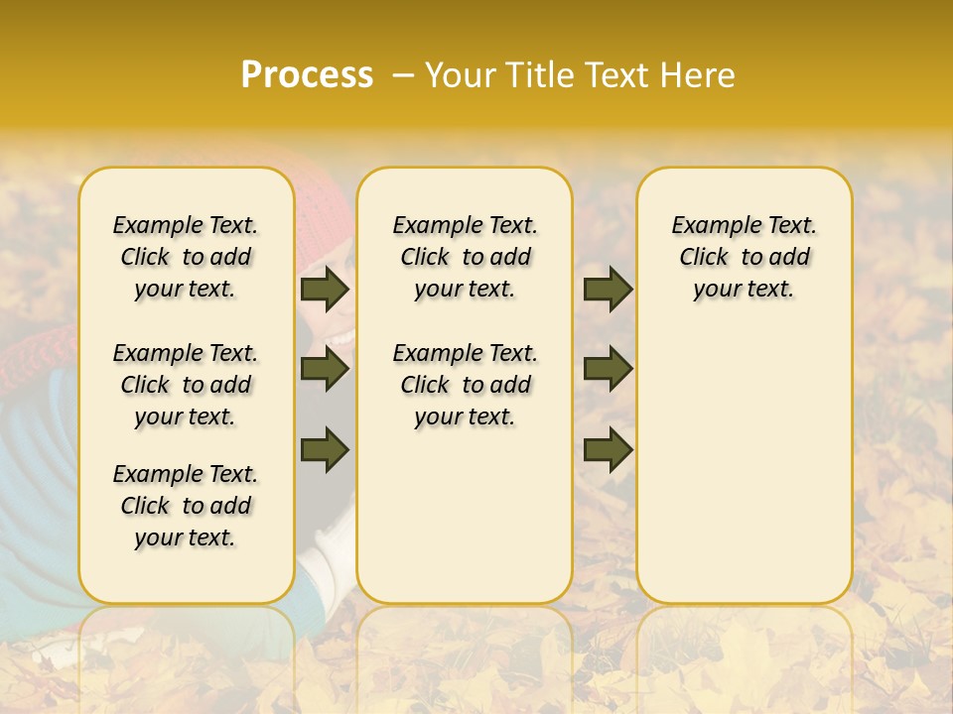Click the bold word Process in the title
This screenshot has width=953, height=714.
pos(307,75)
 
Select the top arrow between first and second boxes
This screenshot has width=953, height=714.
pos(325,290)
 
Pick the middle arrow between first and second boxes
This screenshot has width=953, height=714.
pos(325,369)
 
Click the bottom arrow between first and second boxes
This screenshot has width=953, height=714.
pos(325,448)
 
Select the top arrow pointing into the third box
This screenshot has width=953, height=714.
pos(608,290)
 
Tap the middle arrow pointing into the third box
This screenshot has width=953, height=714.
pos(608,369)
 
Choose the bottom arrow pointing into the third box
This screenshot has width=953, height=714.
pos(608,450)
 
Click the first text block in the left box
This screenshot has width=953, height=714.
pos(186,257)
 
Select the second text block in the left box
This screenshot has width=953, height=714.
pos(186,385)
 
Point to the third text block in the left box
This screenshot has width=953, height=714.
pos(186,506)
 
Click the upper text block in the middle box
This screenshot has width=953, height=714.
pos(466,257)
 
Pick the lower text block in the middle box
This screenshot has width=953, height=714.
pos(466,385)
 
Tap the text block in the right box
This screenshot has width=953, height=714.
pos(745,257)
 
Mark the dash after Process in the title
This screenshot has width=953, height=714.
pos(402,75)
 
